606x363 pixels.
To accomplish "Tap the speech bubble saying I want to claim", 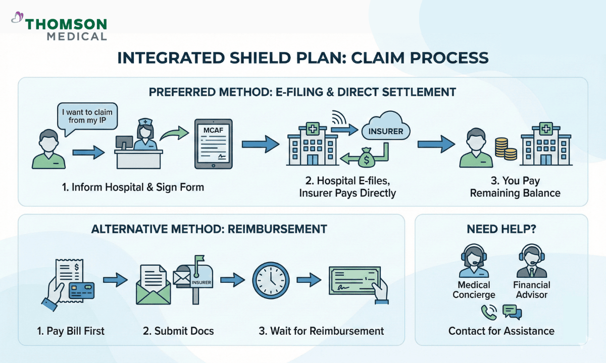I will click(86, 116).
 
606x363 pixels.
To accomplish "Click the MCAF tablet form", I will click(214, 144).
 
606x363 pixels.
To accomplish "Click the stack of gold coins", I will click(502, 150).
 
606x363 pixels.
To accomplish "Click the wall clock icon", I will click(270, 280).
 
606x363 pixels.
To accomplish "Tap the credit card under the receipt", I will click(81, 289).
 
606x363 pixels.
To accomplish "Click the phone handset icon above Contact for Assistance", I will click(488, 312).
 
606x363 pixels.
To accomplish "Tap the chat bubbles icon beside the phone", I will click(512, 312).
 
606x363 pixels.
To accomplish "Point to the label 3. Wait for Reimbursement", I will click(321, 331).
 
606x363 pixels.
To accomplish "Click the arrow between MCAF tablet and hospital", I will click(260, 145).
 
